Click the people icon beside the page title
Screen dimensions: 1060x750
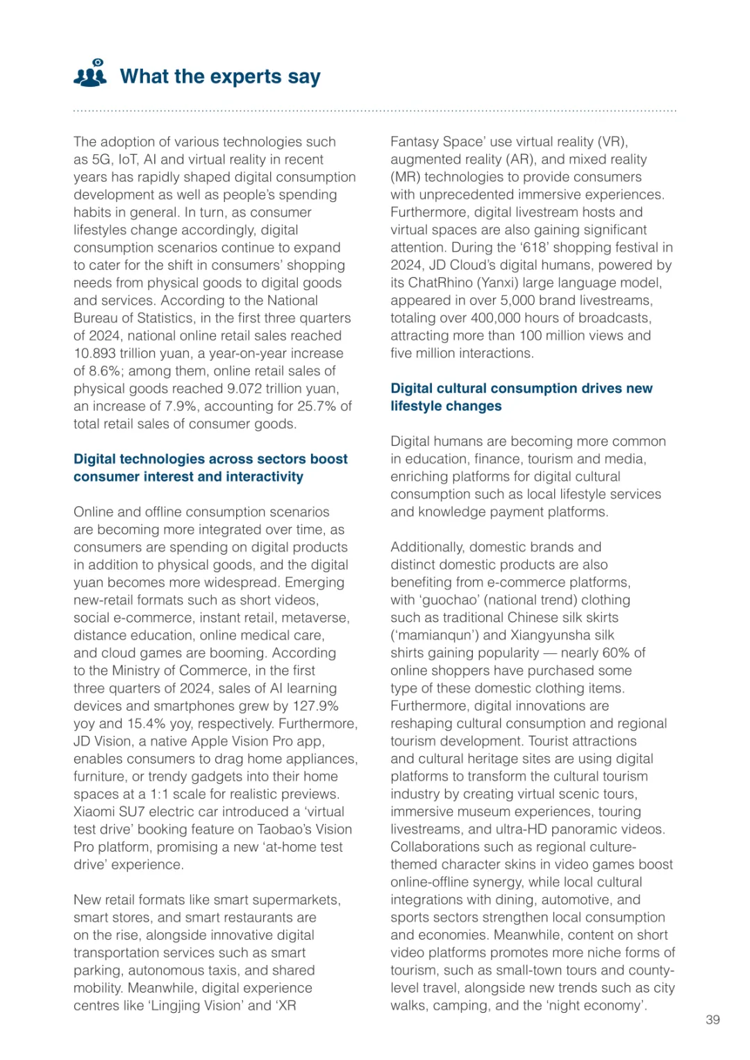90,74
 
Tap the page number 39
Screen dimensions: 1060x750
712,1020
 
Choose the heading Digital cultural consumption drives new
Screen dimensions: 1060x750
521,389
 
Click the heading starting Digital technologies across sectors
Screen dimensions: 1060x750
210,460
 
